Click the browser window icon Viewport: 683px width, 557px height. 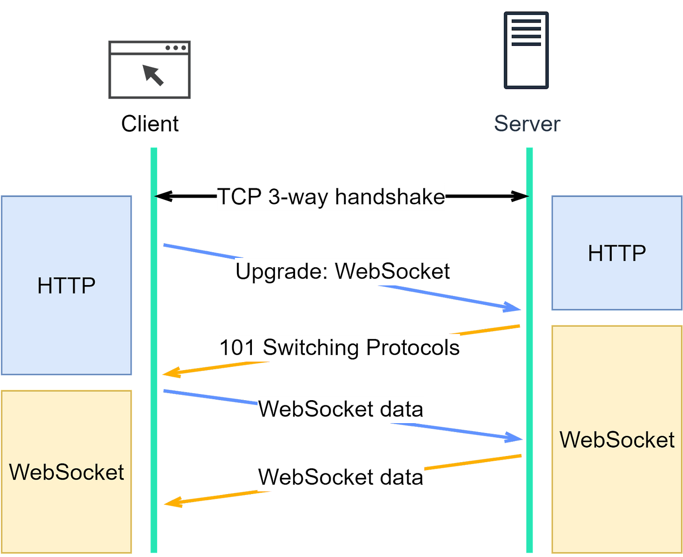pyautogui.click(x=150, y=70)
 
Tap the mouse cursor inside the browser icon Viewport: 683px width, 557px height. pyautogui.click(x=153, y=74)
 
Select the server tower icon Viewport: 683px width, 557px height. pyautogui.click(x=526, y=51)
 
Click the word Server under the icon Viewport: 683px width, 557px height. pyautogui.click(x=527, y=124)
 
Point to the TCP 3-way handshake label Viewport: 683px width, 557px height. pyautogui.click(x=331, y=197)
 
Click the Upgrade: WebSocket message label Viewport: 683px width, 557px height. pyautogui.click(x=342, y=271)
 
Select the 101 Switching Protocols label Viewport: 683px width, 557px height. pyautogui.click(x=339, y=348)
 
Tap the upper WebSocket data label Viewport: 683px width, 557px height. pyautogui.click(x=341, y=409)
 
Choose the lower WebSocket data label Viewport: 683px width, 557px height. pyautogui.click(x=341, y=477)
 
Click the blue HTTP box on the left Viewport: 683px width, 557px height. pyautogui.click(x=67, y=286)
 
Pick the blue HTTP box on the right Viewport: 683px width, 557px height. pyautogui.click(x=616, y=253)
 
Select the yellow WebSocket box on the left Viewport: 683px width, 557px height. pyautogui.click(x=67, y=472)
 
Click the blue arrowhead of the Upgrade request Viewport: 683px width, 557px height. pyautogui.click(x=513, y=308)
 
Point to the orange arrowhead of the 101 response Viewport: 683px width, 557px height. pyautogui.click(x=170, y=373)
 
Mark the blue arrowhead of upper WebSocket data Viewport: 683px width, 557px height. pyautogui.click(x=514, y=438)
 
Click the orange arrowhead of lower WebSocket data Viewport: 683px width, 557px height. pyautogui.click(x=171, y=503)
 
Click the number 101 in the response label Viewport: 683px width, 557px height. pyautogui.click(x=237, y=348)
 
